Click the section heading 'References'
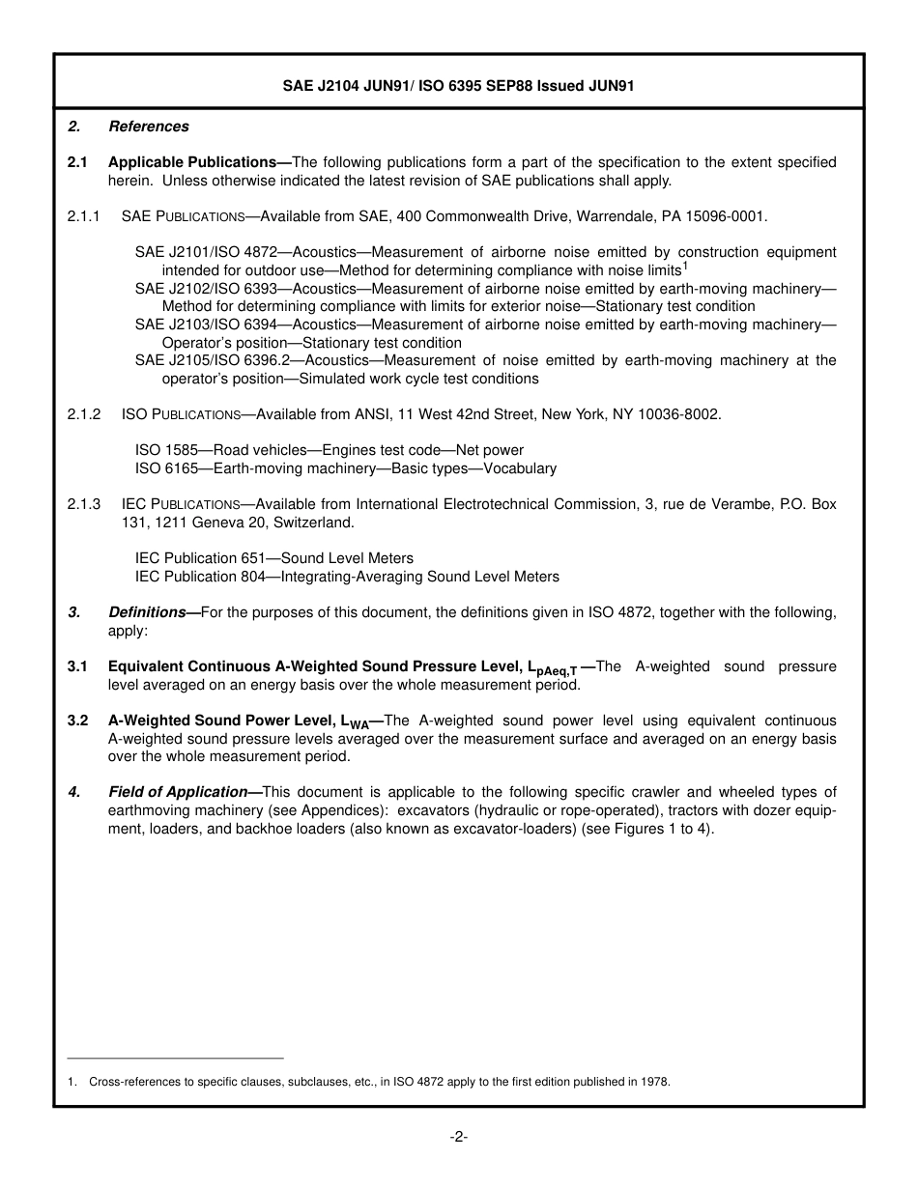(149, 127)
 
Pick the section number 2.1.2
(84, 414)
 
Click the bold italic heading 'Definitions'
(147, 612)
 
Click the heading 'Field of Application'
(178, 792)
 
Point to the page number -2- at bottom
(459, 1137)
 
